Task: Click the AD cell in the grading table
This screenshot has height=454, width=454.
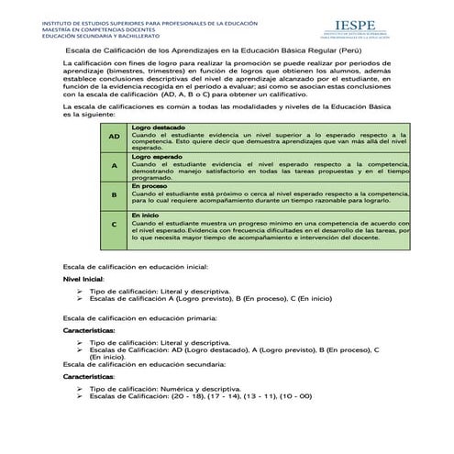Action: coord(114,136)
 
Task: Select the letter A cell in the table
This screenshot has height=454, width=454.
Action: coord(114,166)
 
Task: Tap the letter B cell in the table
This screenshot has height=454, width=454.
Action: coord(114,195)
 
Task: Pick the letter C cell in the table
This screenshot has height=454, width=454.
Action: coord(114,225)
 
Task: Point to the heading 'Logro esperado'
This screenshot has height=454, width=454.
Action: coord(156,157)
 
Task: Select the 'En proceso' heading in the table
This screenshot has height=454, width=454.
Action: coord(149,186)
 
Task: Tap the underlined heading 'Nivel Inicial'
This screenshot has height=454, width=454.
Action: coord(83,277)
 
